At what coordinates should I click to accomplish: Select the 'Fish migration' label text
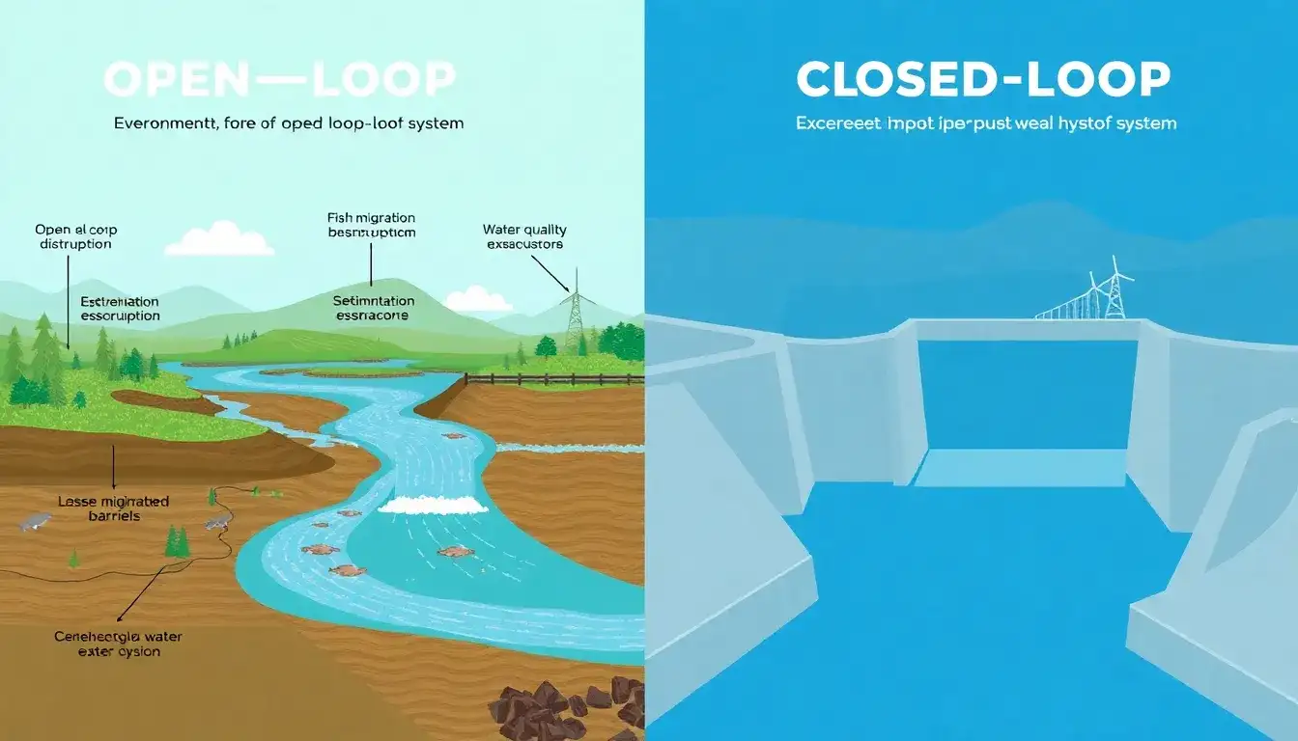[371, 219]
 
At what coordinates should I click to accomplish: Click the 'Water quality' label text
[524, 230]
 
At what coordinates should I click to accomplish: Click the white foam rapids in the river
[432, 505]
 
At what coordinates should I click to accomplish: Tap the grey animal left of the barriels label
[36, 522]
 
